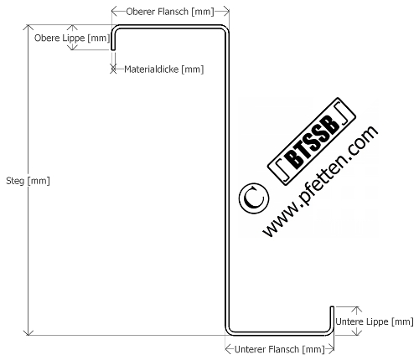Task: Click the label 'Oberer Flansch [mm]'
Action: [x=170, y=12]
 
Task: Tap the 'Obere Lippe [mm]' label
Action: [x=72, y=38]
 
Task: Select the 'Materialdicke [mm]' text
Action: [x=164, y=69]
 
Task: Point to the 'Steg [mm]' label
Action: [x=28, y=181]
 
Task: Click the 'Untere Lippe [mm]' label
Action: [x=375, y=321]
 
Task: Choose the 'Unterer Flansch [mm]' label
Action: [x=280, y=349]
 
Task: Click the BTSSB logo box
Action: [x=312, y=141]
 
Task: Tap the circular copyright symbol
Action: [x=254, y=198]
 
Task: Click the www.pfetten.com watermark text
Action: [x=320, y=182]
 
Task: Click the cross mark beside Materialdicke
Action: [x=113, y=69]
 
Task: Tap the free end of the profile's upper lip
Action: [x=113, y=49]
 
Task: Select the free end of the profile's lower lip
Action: [x=332, y=307]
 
